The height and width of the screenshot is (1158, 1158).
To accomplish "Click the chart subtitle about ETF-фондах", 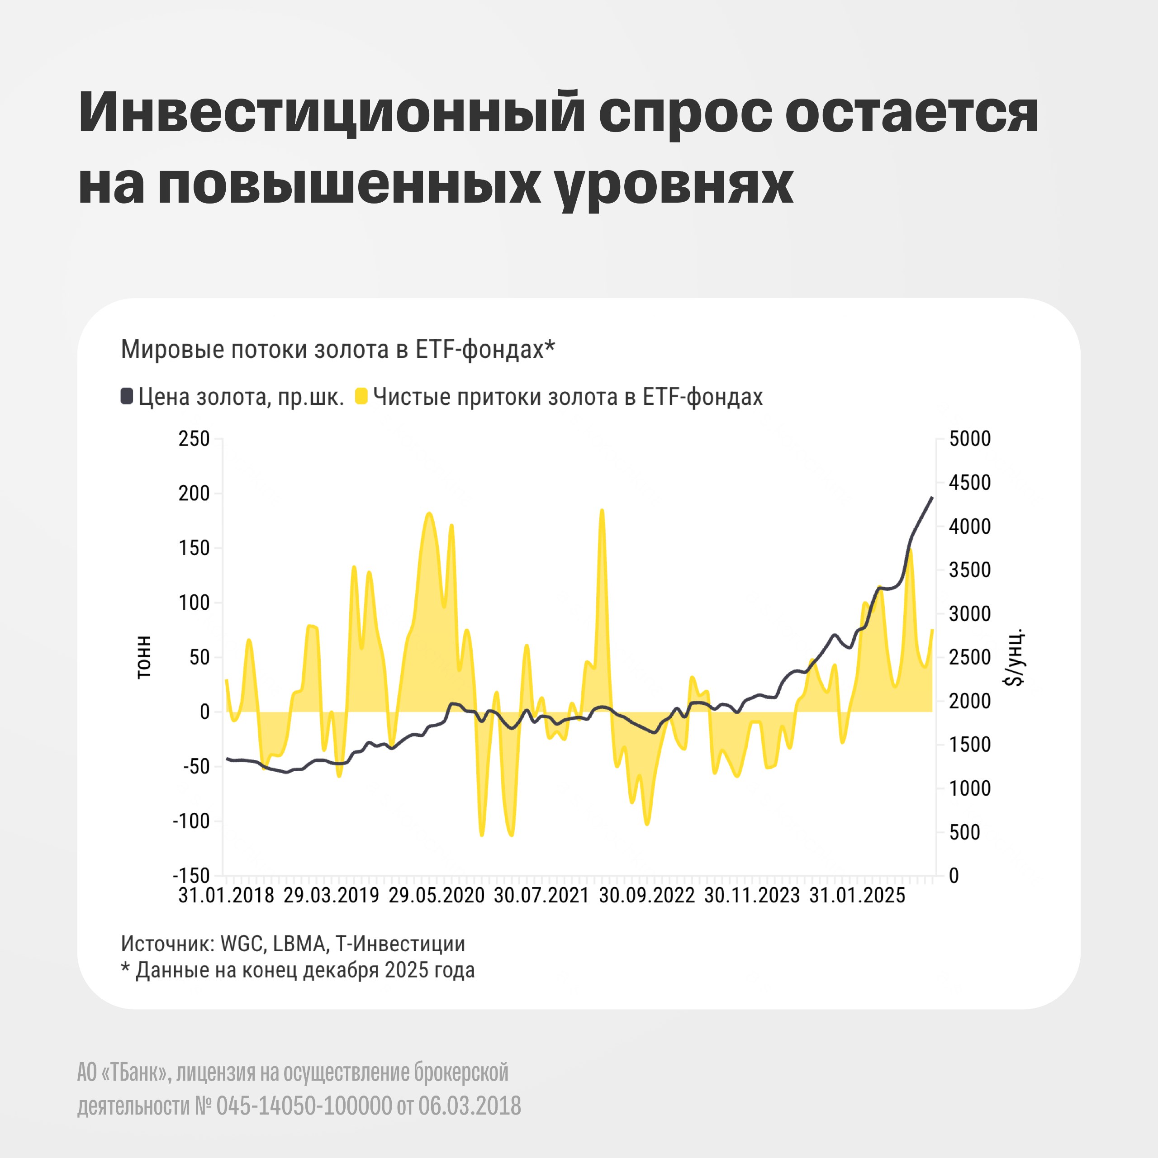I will click(338, 349).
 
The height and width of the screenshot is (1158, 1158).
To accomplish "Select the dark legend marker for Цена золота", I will click(127, 396).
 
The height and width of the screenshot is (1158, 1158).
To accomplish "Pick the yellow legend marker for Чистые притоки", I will click(361, 396).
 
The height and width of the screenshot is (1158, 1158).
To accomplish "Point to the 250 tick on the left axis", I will click(194, 439).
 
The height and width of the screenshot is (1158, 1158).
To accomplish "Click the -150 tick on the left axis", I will click(191, 876).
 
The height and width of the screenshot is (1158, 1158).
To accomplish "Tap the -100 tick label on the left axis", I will click(191, 821).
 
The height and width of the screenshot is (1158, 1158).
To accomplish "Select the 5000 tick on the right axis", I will click(970, 439).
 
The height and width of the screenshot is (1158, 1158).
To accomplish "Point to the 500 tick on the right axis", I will click(964, 832).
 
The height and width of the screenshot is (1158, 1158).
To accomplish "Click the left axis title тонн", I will click(144, 658).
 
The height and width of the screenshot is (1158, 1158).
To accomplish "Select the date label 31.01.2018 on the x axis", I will click(226, 896).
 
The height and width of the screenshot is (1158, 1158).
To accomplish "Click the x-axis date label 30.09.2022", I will click(647, 896).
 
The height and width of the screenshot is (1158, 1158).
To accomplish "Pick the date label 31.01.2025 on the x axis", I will click(857, 896).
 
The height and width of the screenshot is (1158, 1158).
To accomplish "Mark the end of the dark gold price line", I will click(932, 497).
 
